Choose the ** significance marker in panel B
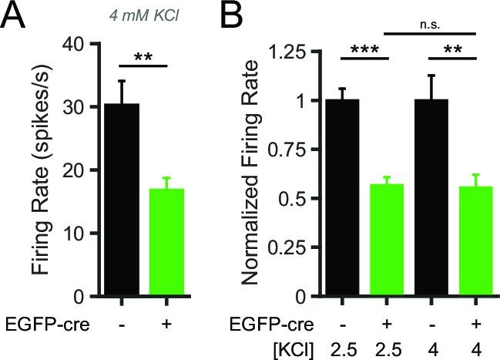click(x=458, y=49)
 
